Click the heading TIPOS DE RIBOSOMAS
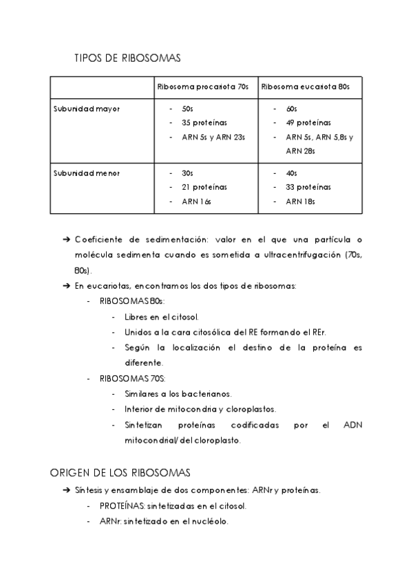127,59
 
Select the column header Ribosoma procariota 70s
203,87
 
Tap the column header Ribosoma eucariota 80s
306,87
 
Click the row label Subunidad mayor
87,109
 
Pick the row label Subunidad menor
87,173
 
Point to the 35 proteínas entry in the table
204,123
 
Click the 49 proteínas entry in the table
308,123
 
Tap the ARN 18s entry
300,201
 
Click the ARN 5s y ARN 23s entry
213,137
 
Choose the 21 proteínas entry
204,187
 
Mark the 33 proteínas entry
308,187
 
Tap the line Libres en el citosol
162,317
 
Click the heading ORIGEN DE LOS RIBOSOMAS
120,473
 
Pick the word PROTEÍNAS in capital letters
118,506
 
